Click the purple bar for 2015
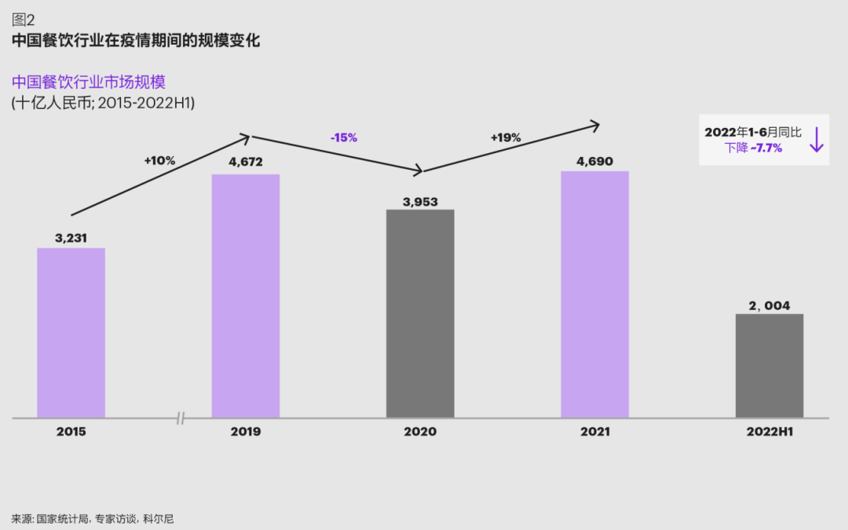[71, 332]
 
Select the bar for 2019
[246, 295]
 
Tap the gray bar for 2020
[420, 313]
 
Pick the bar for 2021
[594, 294]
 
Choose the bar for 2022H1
[769, 365]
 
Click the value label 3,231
[71, 236]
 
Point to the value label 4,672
[246, 163]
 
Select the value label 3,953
[420, 201]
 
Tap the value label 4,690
[594, 162]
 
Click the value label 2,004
[769, 305]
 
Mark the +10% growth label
[159, 160]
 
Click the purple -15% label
[344, 137]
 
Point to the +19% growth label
[506, 137]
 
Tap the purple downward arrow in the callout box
[817, 139]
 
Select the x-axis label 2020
[420, 432]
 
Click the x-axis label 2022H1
[769, 432]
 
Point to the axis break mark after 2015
[181, 419]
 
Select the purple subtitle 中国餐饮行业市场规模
[88, 82]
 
